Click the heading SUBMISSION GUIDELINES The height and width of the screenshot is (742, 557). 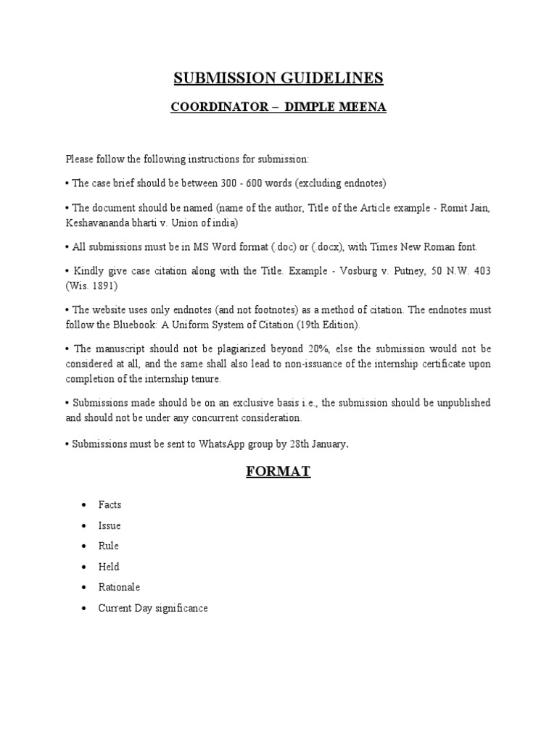click(278, 78)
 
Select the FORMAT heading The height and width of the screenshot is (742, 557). click(278, 472)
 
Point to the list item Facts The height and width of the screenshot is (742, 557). click(110, 504)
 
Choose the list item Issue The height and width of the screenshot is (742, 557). click(110, 525)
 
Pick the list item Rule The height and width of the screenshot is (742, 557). click(109, 546)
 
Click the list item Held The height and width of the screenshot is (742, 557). click(109, 567)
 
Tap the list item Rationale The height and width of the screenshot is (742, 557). click(119, 587)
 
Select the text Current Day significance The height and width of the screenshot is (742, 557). click(153, 608)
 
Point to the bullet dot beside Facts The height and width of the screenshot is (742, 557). click(85, 504)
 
